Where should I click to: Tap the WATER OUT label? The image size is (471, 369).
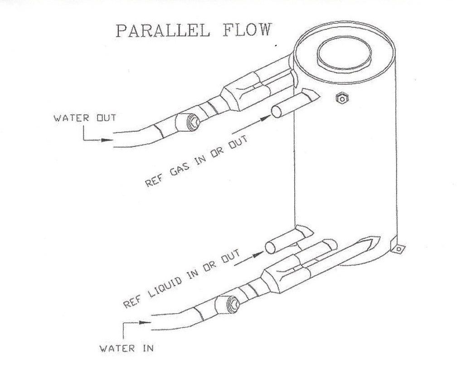pos(85,118)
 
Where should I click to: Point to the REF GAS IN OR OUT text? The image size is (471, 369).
pos(196,162)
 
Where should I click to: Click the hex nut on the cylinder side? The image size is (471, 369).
pos(340,98)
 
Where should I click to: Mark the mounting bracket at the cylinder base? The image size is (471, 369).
pos(398,247)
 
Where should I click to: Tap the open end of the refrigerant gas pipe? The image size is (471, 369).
pos(277,111)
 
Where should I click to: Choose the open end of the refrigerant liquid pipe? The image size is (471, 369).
pos(271,247)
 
